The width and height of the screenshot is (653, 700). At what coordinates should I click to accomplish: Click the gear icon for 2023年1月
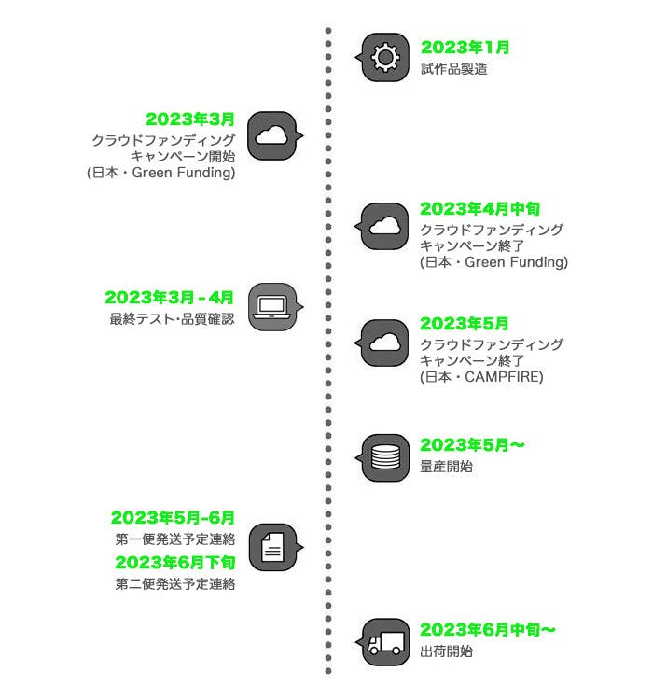tap(384, 58)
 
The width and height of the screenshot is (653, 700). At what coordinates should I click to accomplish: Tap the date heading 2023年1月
tap(465, 48)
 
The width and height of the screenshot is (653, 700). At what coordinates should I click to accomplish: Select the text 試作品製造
tap(453, 68)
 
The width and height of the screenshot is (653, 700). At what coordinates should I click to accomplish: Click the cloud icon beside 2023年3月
tap(272, 135)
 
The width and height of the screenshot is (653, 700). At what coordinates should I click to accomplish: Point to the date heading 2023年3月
tap(190, 119)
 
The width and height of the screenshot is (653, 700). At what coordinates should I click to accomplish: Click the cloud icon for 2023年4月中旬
tap(384, 225)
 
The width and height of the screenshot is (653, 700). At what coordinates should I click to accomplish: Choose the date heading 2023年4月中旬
tap(480, 209)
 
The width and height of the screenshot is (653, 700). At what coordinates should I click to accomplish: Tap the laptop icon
tap(272, 306)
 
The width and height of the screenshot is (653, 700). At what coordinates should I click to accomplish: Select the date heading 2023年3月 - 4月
tap(170, 298)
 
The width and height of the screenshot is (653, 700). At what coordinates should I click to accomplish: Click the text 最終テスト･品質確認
tap(172, 319)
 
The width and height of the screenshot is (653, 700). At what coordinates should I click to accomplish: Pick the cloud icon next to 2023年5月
tap(384, 342)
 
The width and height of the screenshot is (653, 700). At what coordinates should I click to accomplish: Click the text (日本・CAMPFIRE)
tap(481, 376)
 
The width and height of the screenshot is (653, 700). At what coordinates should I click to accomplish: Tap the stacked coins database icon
tap(384, 457)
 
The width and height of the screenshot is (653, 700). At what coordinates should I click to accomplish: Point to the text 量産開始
tap(446, 465)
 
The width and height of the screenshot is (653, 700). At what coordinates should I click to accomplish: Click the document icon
tap(272, 547)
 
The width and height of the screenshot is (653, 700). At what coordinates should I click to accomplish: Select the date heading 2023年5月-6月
tap(173, 517)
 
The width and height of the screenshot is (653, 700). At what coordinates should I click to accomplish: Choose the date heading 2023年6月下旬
tap(174, 562)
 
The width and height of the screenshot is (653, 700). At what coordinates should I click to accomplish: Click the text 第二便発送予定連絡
tap(174, 584)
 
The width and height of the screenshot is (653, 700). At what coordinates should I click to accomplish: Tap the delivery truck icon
tap(384, 642)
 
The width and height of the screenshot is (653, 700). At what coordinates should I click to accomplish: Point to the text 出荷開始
tap(446, 651)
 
